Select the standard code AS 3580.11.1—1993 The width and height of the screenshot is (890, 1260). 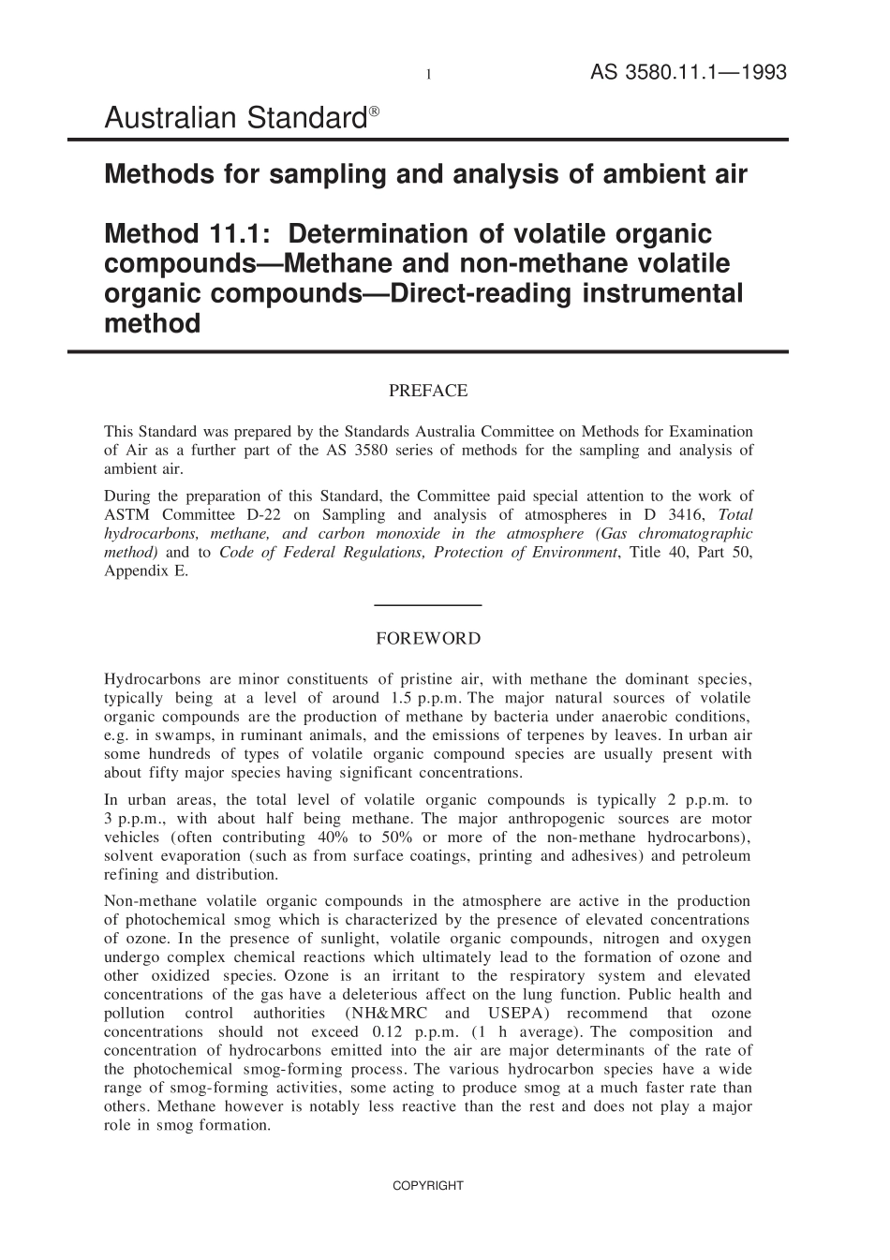688,73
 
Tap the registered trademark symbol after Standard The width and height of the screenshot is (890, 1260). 374,111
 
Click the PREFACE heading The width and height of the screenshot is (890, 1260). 428,391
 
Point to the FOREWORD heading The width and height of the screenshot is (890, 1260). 428,639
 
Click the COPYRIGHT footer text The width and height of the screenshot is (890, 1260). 427,1186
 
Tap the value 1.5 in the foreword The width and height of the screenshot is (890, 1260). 394,698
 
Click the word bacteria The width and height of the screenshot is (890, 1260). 466,717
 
